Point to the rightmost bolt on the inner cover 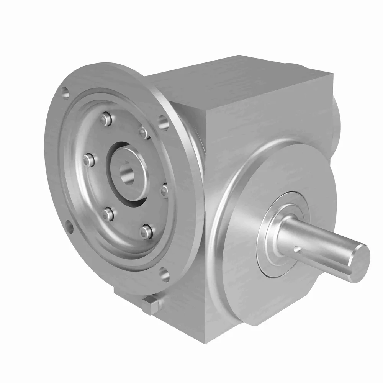tap(164, 190)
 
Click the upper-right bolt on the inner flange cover tap(144, 133)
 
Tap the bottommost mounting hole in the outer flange tap(164, 273)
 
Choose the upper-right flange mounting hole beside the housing tap(164, 123)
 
